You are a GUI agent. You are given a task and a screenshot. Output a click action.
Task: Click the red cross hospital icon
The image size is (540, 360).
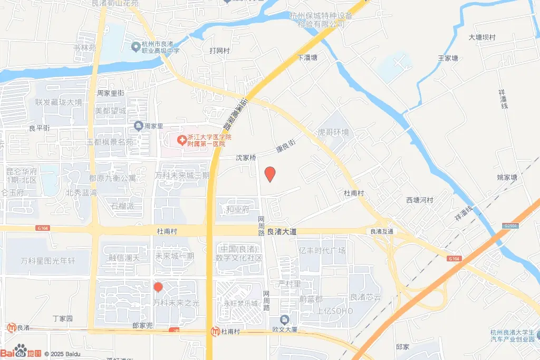coord(181,140)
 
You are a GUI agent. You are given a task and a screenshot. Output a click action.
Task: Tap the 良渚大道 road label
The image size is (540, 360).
coord(282,231)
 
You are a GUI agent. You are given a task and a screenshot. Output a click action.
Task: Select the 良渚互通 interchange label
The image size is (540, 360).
coord(382,231)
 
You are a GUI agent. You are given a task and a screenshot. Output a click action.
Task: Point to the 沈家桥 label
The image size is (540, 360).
coord(245,158)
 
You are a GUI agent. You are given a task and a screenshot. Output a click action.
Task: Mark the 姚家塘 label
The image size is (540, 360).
coord(507,177)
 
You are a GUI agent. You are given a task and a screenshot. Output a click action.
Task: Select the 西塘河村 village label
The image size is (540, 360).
coord(419,200)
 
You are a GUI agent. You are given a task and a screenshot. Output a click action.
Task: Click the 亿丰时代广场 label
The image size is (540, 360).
coord(322,250)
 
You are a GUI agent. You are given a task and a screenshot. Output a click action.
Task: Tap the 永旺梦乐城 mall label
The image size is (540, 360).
coord(240,304)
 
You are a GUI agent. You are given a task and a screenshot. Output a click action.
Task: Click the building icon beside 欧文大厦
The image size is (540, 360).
coord(285,320)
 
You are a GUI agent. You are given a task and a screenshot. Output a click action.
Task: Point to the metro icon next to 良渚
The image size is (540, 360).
coord(11,327)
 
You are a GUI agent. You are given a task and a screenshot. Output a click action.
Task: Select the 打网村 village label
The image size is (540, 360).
coord(220,51)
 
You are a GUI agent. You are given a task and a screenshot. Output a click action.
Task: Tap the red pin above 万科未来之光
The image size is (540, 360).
coord(158,288)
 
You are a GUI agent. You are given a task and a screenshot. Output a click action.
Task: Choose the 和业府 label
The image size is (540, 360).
coord(237,209)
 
